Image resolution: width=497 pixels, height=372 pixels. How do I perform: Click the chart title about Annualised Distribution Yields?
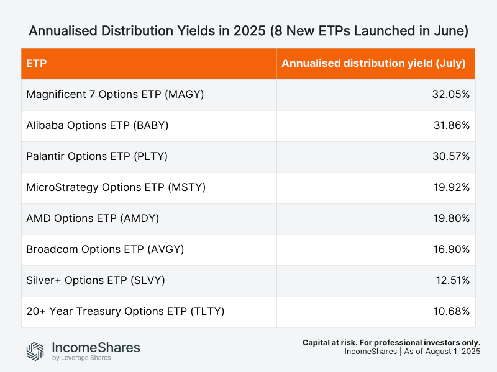tap(248, 30)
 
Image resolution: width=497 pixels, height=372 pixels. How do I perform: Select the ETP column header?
tap(37, 63)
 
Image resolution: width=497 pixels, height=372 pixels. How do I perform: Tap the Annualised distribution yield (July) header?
tap(373, 63)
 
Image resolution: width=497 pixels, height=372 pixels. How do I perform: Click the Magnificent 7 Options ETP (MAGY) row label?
tap(115, 94)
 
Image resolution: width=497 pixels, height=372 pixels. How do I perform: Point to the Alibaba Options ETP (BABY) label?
tap(98, 125)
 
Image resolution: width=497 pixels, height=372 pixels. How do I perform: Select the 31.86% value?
tap(452, 125)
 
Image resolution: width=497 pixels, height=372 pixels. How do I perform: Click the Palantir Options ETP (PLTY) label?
tap(98, 156)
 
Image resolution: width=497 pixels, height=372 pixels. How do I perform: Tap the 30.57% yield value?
tap(452, 156)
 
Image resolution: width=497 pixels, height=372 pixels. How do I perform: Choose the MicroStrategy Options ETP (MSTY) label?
tap(116, 187)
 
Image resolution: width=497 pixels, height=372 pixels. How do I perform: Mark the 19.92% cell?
tap(452, 187)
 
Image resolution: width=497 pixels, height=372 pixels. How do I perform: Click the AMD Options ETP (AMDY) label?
tap(92, 218)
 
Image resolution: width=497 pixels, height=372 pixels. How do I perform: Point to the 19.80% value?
tap(452, 218)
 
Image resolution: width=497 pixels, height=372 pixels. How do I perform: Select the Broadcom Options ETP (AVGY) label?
tap(105, 249)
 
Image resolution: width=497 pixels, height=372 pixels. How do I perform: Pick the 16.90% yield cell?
tap(452, 249)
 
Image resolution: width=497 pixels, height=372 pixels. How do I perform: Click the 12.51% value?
tap(452, 280)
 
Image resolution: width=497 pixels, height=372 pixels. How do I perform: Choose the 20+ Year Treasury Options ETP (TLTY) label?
tap(125, 311)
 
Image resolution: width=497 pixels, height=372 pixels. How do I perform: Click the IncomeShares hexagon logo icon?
tap(35, 351)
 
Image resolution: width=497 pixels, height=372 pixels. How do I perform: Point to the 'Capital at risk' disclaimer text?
tap(391, 342)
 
